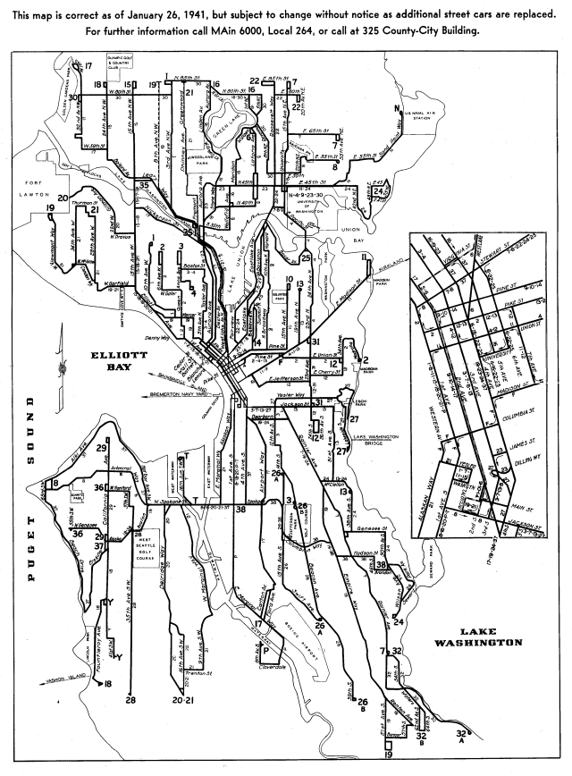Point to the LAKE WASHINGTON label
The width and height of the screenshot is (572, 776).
[479, 637]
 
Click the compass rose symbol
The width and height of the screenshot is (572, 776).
[55, 367]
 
